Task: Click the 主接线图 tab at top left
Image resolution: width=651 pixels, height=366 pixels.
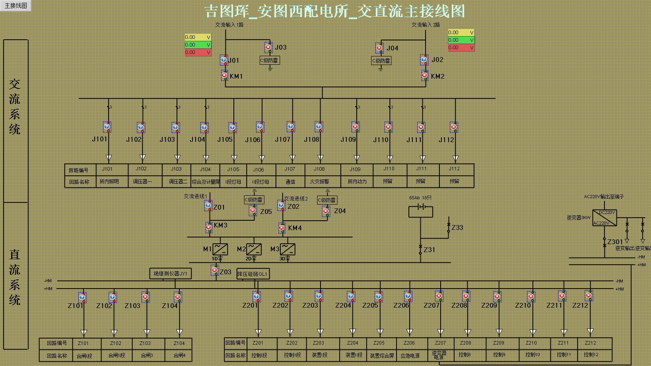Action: point(16,6)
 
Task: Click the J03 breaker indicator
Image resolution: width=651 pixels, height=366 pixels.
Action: point(268,47)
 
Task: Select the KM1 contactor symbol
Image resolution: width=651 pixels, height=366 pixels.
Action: point(224,75)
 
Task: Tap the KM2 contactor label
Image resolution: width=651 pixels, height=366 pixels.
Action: point(437,76)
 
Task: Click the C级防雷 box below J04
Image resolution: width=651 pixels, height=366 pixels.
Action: point(381,61)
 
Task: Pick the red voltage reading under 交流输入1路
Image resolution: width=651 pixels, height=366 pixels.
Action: point(198,52)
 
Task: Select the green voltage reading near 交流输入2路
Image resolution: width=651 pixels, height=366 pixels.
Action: point(461,40)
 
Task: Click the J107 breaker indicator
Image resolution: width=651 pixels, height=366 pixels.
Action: point(291,127)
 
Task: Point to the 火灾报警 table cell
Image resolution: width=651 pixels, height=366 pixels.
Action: point(319,181)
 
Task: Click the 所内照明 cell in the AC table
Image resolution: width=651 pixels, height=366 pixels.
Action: point(109,181)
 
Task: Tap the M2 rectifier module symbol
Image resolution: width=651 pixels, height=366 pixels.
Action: point(254,249)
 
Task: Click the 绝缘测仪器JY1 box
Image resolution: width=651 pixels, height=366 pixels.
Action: point(170,274)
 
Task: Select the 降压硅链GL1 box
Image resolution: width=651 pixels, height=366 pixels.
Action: point(253,274)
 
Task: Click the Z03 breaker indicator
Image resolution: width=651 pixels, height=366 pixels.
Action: point(215,270)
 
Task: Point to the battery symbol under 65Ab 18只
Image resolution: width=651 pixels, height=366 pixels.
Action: point(421,207)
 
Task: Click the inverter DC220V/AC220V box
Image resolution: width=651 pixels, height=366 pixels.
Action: point(604,218)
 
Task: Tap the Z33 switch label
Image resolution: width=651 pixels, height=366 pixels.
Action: point(457,227)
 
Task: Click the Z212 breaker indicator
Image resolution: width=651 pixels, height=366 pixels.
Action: point(589,296)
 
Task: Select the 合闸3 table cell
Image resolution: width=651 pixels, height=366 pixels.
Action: point(147,356)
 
